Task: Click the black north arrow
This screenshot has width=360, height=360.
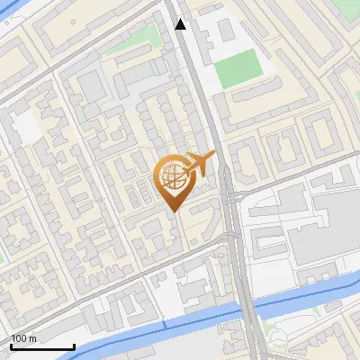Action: (181, 24)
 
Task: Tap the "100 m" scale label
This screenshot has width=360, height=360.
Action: (24, 338)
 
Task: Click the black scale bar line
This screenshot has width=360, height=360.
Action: (42, 346)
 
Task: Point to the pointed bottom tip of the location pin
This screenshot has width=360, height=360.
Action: (173, 211)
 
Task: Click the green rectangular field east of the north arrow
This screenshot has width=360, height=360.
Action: (238, 68)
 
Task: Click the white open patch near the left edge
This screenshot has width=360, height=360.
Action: (27, 130)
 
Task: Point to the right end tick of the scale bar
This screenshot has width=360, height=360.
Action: (74, 346)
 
